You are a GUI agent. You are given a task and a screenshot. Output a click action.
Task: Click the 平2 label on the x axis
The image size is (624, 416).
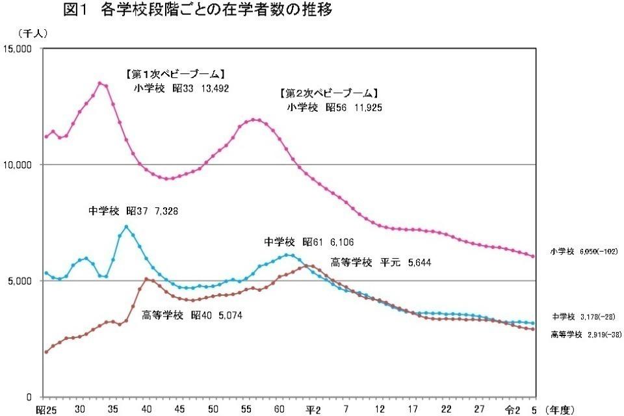[x=313, y=409]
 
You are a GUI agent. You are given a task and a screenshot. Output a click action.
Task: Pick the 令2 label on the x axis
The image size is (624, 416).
[x=513, y=409]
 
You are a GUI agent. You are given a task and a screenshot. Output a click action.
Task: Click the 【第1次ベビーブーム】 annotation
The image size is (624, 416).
[x=175, y=73]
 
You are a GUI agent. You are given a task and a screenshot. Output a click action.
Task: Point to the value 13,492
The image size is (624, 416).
[x=210, y=88]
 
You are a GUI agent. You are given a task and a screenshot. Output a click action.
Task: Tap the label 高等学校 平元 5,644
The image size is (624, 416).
[x=381, y=263]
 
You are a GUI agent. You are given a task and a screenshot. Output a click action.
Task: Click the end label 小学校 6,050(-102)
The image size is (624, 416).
[x=582, y=251]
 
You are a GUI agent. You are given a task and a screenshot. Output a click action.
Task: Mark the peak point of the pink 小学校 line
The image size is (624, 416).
[x=99, y=83]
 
